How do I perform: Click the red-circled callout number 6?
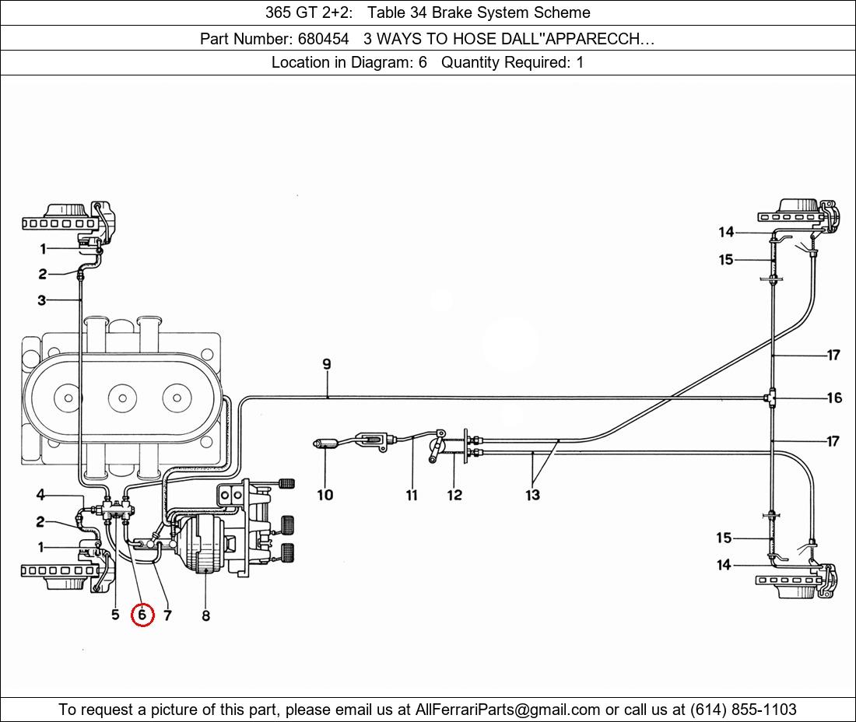tap(142, 615)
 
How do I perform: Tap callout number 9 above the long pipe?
tap(327, 364)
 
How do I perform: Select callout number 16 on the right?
tap(833, 398)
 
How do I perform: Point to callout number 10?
tap(325, 495)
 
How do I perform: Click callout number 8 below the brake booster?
tap(205, 615)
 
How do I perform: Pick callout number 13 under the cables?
tap(532, 495)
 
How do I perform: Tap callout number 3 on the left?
tap(41, 300)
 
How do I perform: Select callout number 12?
tap(454, 495)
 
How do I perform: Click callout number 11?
tap(412, 495)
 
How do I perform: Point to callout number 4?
tap(40, 495)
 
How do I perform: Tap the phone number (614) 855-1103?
tap(743, 709)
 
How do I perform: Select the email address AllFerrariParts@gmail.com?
tap(508, 709)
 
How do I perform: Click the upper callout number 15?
tap(725, 260)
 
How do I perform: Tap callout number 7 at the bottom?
tap(168, 615)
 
